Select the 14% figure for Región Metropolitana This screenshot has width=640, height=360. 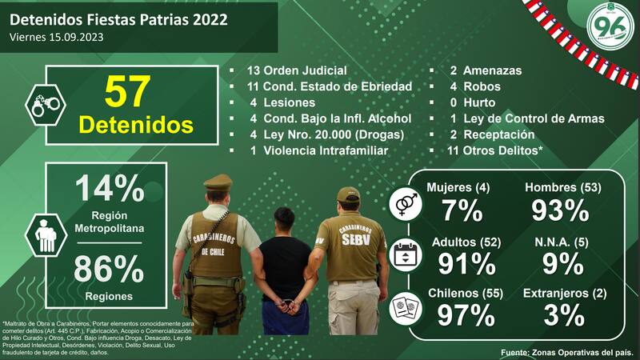tap(109, 190)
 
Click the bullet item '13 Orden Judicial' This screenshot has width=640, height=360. tap(286, 70)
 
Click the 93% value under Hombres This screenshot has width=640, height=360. tap(562, 210)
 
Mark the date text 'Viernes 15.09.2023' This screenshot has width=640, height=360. tap(58, 37)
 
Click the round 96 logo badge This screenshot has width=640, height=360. tap(610, 26)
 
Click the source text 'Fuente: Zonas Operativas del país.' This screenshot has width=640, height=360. tap(566, 352)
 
